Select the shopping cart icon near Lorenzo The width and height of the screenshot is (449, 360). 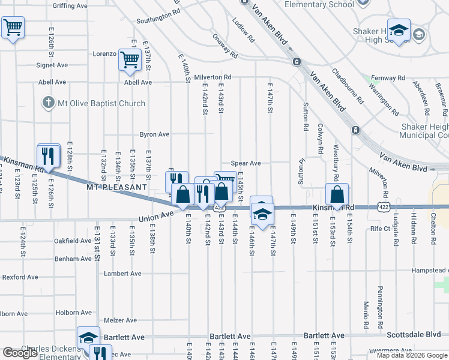130,59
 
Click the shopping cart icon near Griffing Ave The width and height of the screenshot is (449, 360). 13,27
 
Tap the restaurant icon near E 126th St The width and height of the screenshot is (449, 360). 49,155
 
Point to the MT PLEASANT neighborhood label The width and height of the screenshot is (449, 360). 116,187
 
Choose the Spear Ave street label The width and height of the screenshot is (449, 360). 246,163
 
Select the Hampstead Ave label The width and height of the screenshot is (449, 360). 429,271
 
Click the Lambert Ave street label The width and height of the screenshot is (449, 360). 122,274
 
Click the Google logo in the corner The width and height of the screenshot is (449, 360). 20,353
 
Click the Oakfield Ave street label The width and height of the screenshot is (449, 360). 73,241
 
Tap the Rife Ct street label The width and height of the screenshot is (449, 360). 381,229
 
